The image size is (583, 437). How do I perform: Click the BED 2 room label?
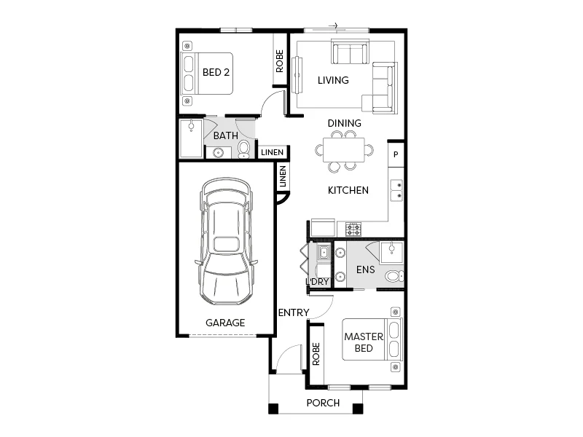pos(216,72)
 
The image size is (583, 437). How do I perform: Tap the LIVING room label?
pos(333,80)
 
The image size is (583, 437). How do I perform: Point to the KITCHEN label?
pos(348,190)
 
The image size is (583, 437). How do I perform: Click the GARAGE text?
pos(224,323)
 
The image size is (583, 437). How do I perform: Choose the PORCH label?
pos(323,403)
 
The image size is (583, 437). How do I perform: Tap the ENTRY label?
pos(294,312)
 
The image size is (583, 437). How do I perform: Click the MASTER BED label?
pos(359,342)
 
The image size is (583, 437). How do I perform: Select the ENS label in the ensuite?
pos(365,269)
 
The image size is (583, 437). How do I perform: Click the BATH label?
pos(225,135)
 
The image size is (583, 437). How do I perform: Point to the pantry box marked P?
pos(396,154)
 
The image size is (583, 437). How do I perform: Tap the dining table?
pos(343,151)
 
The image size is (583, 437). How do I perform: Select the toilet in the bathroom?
pos(244,150)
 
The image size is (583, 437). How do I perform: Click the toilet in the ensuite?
pos(393,276)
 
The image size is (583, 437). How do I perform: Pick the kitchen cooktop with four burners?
pos(353,229)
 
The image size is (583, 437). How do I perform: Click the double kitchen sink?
pos(397,191)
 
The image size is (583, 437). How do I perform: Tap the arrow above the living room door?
pos(333,26)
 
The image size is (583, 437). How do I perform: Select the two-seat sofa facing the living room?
pos(351,53)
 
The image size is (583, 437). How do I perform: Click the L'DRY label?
pos(318,282)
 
